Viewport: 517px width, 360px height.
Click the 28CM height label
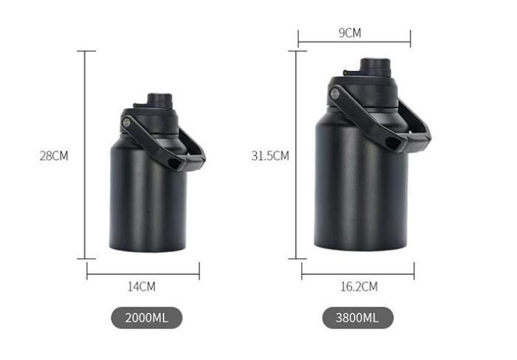tap(54, 156)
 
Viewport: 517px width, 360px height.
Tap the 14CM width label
tap(142, 286)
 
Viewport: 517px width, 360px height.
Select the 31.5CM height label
tap(270, 156)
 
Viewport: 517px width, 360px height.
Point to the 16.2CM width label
tap(359, 286)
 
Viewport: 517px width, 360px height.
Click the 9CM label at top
tap(350, 33)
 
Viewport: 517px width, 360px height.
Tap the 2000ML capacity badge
tap(146, 318)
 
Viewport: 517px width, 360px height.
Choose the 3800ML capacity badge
tap(357, 318)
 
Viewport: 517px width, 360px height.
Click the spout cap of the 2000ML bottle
tap(160, 101)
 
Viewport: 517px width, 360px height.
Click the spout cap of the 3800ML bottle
tap(375, 67)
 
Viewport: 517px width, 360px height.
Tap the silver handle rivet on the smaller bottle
tap(126, 123)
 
